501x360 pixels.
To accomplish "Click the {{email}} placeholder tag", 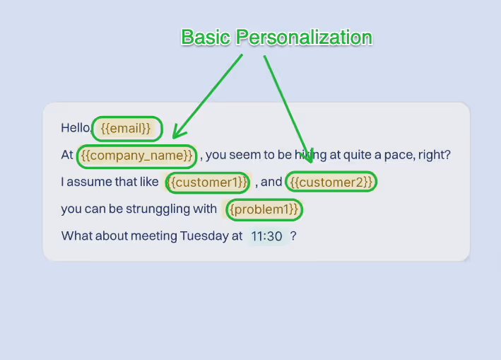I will point(126,128).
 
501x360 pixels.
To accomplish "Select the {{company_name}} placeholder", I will point(136,155).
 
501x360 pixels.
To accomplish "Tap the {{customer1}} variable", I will point(208,182).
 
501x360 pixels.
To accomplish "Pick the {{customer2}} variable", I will point(331,182).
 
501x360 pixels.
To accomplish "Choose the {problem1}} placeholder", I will point(264,209).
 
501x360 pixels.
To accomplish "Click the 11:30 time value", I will point(266,236).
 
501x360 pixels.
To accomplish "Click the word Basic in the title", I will point(206,37).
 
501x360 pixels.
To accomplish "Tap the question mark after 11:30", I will point(293,236).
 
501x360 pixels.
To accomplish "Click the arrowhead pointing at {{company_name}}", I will point(178,132).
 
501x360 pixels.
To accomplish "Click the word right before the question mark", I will point(433,155).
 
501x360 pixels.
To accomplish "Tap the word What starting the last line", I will point(76,236).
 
